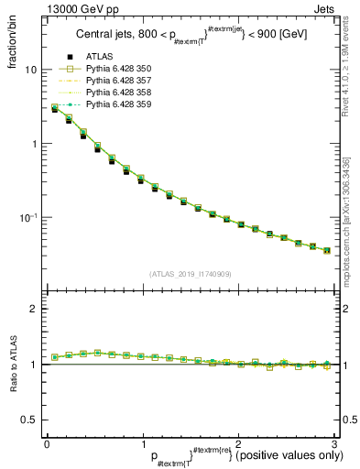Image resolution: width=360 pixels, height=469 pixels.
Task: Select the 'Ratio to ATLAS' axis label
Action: tap(12, 363)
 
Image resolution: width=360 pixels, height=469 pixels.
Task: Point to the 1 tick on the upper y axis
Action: tap(34, 144)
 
